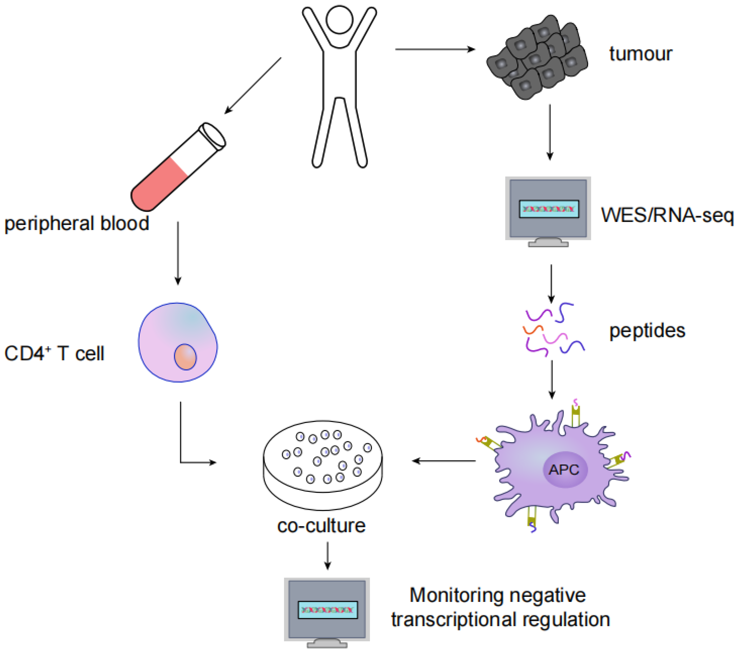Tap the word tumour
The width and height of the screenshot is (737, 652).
(x=640, y=54)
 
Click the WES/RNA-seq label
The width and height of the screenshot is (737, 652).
(x=667, y=215)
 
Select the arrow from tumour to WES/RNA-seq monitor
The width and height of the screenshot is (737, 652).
(x=550, y=132)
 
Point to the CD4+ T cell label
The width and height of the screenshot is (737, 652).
(x=54, y=353)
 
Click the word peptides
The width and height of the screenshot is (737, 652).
(x=647, y=331)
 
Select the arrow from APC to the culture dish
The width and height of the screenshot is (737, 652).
(x=444, y=461)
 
